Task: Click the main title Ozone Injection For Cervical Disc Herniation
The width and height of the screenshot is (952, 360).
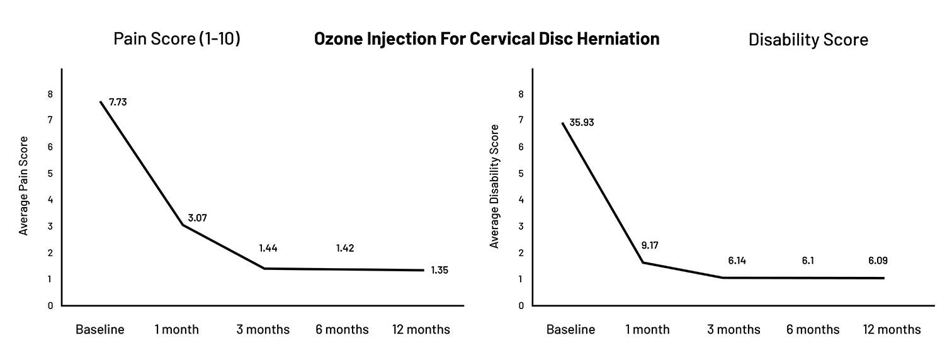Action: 487,39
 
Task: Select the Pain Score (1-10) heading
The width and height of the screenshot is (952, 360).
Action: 177,39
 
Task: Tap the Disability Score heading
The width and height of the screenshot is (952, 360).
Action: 808,40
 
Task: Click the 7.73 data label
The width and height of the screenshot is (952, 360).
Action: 118,101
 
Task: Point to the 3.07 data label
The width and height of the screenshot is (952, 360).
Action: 196,218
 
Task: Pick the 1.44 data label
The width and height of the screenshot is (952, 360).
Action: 268,248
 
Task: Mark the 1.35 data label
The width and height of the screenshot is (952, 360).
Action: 439,271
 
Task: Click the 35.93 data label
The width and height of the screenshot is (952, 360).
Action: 582,122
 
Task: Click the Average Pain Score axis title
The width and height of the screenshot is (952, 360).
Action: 24,186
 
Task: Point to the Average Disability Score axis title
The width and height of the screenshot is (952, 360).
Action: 495,186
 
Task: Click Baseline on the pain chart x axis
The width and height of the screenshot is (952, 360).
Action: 100,330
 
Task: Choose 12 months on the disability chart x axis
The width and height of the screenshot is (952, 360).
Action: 891,330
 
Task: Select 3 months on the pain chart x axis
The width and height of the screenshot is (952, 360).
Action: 263,330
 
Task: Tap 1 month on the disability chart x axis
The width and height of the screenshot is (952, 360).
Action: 647,330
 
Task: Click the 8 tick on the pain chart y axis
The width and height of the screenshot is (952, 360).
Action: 50,94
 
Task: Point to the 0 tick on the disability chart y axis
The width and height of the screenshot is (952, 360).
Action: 521,306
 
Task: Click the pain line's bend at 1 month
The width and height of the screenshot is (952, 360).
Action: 181,225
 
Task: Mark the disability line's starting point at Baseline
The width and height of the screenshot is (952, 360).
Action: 562,123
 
